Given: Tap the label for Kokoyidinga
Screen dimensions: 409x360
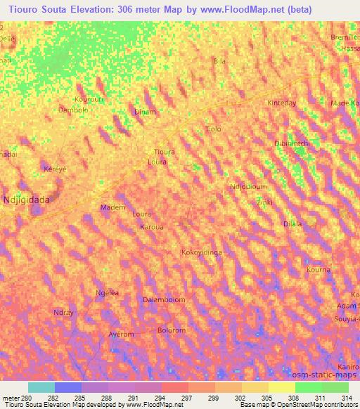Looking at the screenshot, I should click(202, 252).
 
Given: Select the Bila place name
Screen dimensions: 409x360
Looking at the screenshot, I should click(219, 62).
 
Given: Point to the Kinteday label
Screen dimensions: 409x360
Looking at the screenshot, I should click(283, 103).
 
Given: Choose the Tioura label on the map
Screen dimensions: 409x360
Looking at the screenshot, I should click(164, 152).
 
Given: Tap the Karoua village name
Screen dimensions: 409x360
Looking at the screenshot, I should click(152, 227).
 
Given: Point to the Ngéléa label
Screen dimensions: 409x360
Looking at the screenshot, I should click(107, 292).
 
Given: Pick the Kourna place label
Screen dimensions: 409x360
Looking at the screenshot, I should click(319, 270).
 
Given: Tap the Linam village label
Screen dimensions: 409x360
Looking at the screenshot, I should click(145, 112).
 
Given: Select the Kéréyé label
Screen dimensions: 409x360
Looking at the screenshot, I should click(55, 171).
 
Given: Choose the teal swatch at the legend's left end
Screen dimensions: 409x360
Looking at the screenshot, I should click(41, 387).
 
